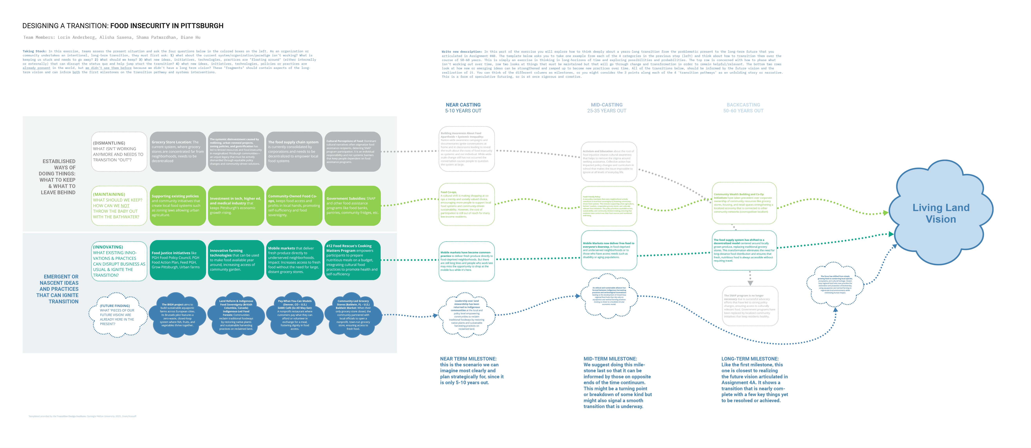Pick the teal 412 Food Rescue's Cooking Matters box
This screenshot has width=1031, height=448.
352,260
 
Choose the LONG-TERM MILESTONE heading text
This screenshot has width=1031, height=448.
750,359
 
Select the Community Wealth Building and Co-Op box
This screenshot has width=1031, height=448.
744,203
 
